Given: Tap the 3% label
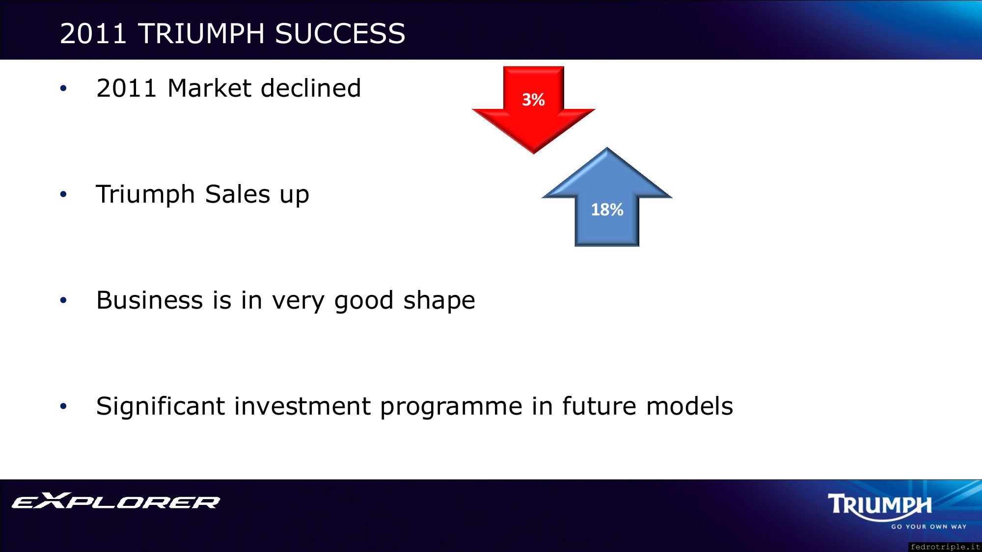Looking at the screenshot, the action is pyautogui.click(x=533, y=100).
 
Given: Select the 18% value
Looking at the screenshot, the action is pyautogui.click(x=607, y=210).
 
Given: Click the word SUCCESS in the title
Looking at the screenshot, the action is pyautogui.click(x=340, y=33).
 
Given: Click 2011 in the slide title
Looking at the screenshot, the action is pyautogui.click(x=93, y=33).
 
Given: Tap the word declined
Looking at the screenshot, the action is pyautogui.click(x=311, y=88).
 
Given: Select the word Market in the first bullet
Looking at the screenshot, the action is pyautogui.click(x=210, y=88).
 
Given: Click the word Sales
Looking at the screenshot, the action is pyautogui.click(x=238, y=194).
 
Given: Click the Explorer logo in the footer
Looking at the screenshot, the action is pyautogui.click(x=116, y=500).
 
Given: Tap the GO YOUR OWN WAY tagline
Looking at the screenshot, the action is pyautogui.click(x=929, y=526).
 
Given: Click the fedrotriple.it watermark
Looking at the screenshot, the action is pyautogui.click(x=945, y=547).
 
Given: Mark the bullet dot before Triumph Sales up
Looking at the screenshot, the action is pyautogui.click(x=63, y=195).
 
